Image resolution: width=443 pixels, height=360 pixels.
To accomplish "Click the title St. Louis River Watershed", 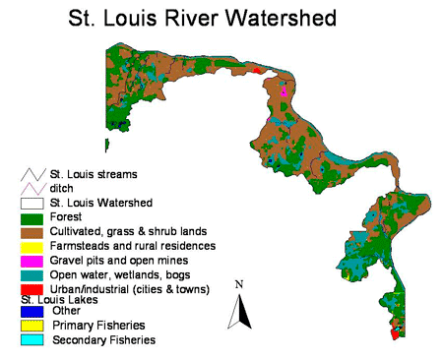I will pos(202,18).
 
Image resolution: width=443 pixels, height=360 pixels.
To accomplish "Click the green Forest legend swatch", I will pos(32,216).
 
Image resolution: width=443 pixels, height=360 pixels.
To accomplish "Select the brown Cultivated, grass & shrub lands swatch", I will pos(32,231).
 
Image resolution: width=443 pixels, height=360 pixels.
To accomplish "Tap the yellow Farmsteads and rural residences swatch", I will pos(32,246).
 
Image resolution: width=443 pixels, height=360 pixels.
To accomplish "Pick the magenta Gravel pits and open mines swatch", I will pos(32,261).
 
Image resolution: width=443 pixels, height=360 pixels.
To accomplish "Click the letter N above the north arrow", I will pos(238,284).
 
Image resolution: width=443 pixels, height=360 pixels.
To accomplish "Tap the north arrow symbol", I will pos(237,311).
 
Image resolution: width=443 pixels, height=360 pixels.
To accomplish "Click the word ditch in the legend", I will pos(64,188).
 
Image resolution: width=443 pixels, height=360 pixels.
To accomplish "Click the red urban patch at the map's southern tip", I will pos(396,334).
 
